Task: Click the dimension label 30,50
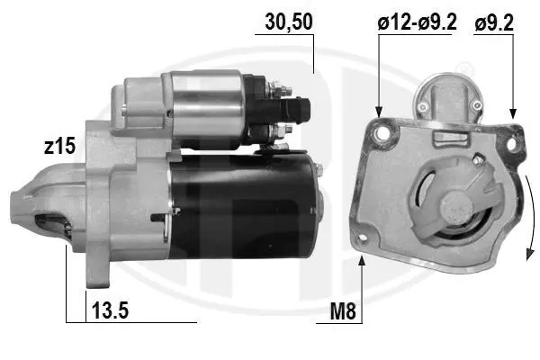pyautogui.click(x=289, y=22)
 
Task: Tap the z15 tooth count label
pyautogui.click(x=59, y=146)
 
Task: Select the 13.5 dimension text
pyautogui.click(x=110, y=310)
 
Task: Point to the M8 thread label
pyautogui.click(x=343, y=311)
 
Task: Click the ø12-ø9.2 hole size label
pyautogui.click(x=417, y=22)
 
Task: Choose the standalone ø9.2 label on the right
pyautogui.click(x=494, y=23)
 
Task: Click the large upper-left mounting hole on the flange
pyautogui.click(x=382, y=132)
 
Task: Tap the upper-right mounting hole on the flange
pyautogui.click(x=512, y=144)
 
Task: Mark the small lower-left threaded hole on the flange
pyautogui.click(x=362, y=238)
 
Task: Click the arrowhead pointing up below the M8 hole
pyautogui.click(x=362, y=261)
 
